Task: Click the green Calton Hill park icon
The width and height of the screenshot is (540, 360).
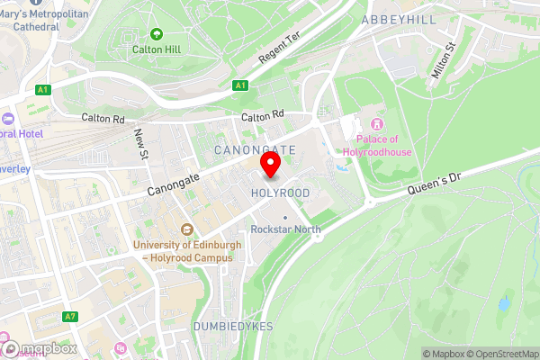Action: (x=157, y=34)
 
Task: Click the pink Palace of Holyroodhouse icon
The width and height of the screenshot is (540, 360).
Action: (x=377, y=123)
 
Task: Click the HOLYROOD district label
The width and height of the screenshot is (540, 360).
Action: (x=281, y=193)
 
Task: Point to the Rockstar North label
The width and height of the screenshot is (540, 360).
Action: (x=285, y=229)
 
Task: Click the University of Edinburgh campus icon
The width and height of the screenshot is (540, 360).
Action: (x=186, y=229)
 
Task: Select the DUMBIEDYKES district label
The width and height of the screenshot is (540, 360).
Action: (x=233, y=326)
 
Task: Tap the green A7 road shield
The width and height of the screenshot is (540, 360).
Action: (x=70, y=317)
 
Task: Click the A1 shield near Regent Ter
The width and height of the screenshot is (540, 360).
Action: (x=239, y=85)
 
